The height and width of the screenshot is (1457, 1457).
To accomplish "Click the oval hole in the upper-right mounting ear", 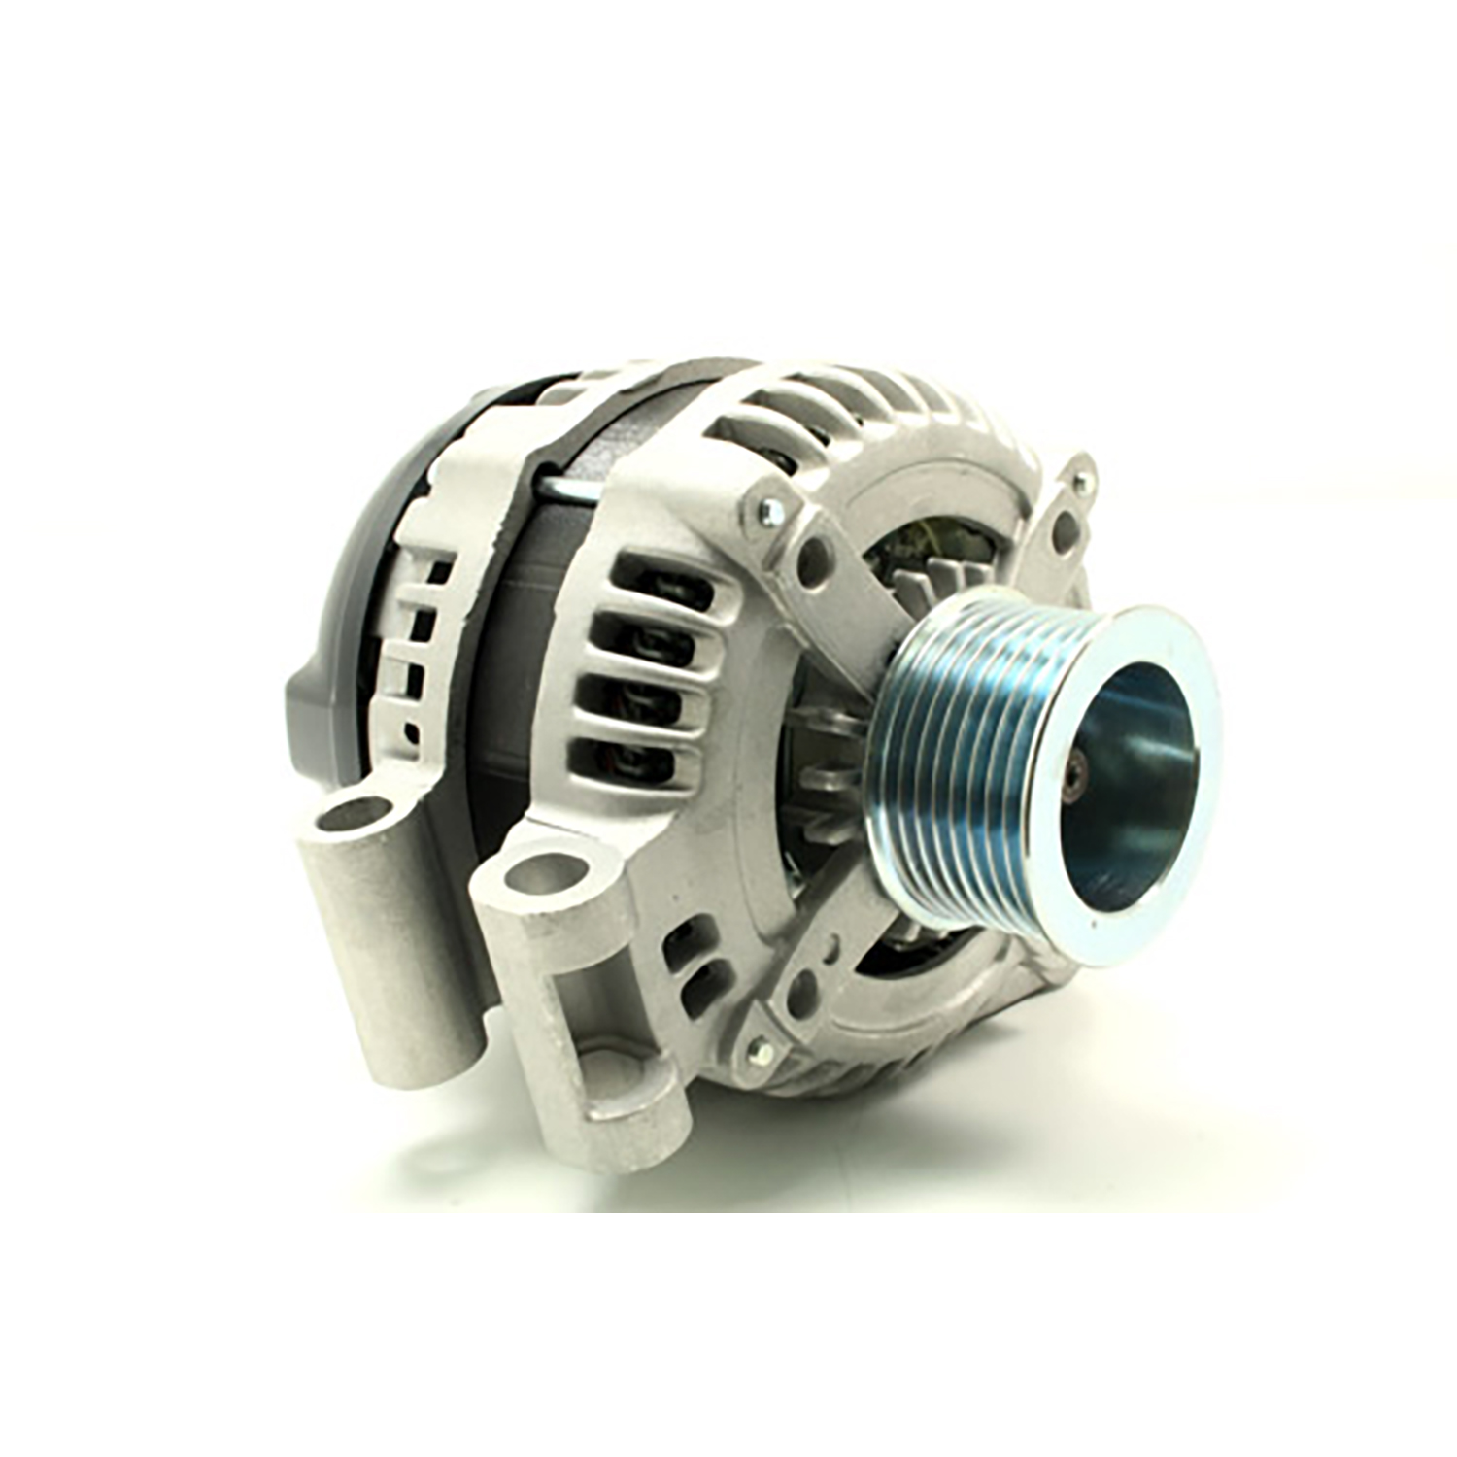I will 1066,529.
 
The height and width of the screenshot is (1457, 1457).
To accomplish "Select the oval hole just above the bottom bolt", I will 802,993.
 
